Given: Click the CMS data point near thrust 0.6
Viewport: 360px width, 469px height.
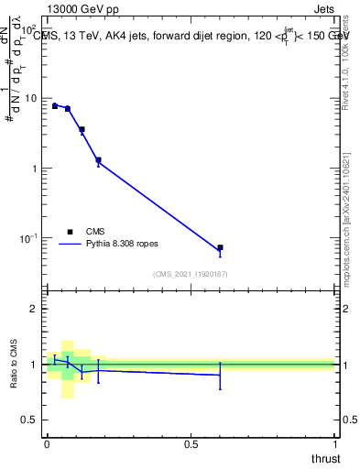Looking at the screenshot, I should (220, 247).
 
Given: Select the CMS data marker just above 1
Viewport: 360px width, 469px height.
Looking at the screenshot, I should (98, 160).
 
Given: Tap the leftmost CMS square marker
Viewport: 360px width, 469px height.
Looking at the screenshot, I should (55, 105).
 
